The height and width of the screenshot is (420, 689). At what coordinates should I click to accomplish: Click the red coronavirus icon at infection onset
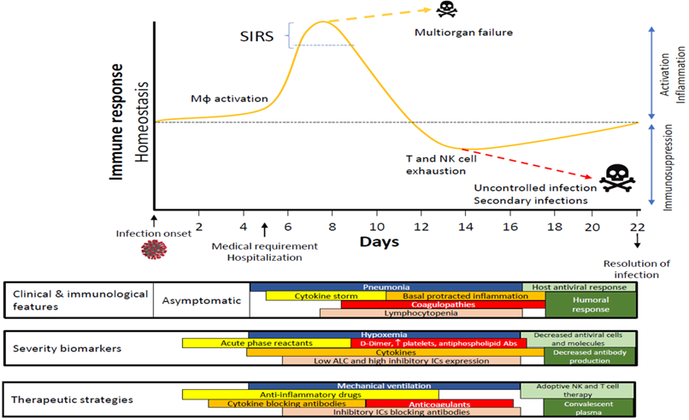155,251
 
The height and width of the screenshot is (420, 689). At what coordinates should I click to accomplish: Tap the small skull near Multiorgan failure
445,10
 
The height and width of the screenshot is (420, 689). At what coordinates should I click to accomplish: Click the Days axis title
378,242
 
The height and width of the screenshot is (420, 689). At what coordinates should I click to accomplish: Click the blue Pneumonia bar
385,287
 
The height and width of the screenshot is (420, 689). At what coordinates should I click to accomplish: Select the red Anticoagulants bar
439,403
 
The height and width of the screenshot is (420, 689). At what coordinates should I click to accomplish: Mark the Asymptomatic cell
200,300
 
